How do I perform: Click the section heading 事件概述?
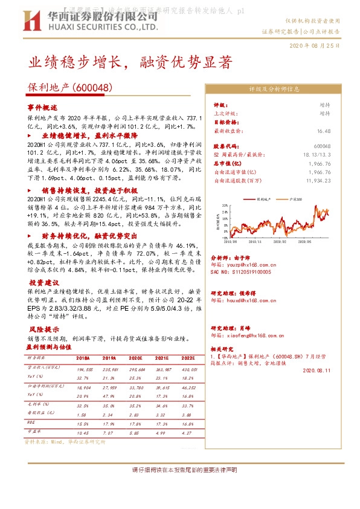43,106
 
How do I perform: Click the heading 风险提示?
44,329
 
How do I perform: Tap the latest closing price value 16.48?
323,131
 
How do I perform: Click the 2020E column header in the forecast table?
136,358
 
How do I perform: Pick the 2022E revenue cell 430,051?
189,369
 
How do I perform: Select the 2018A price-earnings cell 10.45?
83,433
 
